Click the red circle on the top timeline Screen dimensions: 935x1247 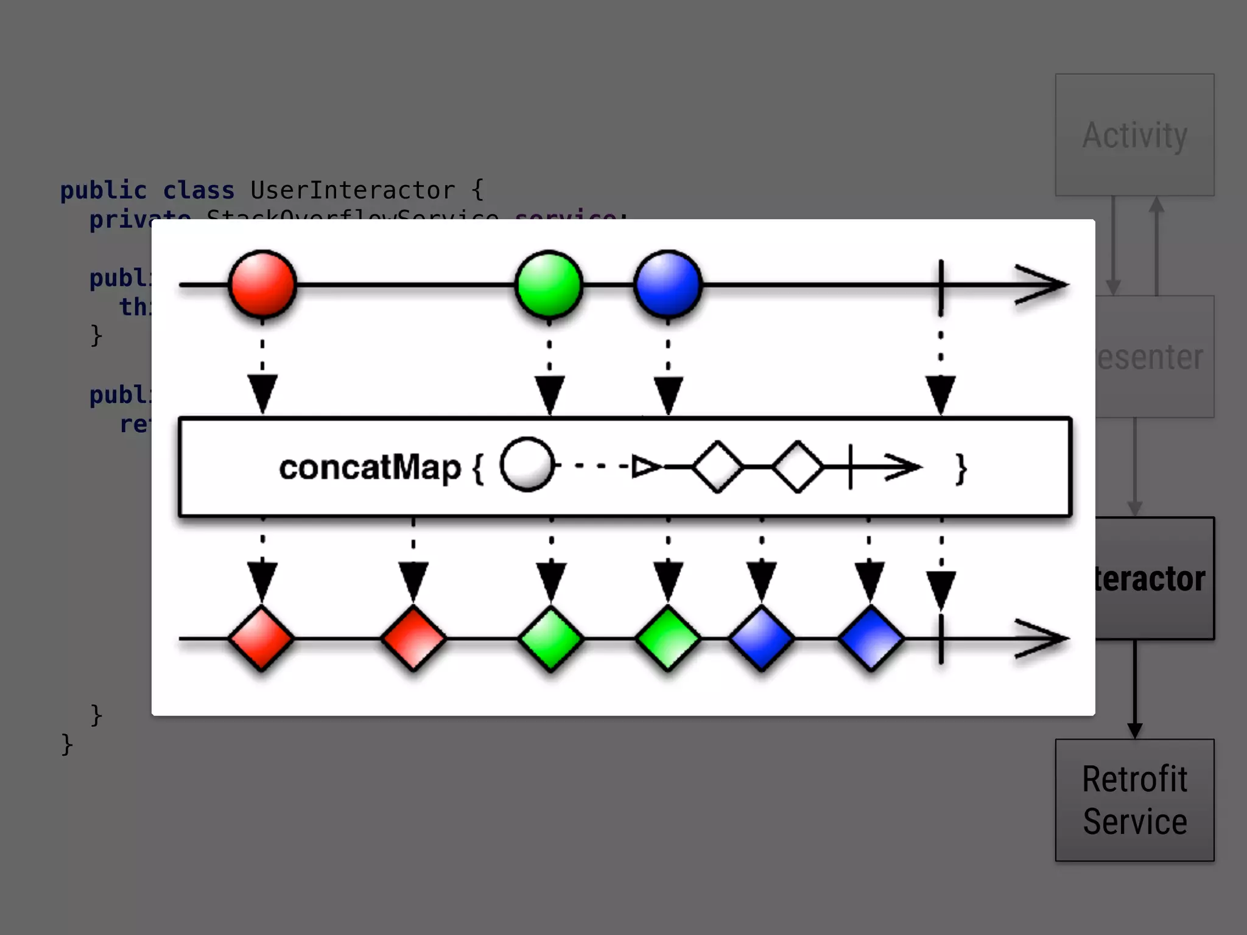coord(262,284)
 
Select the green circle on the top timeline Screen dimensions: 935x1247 coord(549,284)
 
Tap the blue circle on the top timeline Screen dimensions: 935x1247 coord(668,284)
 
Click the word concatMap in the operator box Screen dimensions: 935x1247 coord(370,467)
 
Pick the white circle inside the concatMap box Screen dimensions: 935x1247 coord(527,465)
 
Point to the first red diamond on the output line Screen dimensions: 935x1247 coord(262,639)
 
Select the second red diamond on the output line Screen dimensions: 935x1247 coord(413,639)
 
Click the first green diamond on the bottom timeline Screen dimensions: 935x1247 coord(551,639)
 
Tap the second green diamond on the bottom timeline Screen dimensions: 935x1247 coord(668,639)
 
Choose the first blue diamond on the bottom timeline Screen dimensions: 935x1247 coord(762,639)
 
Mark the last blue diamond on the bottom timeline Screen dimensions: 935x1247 coord(871,639)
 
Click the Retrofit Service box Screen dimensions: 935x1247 coord(1134,800)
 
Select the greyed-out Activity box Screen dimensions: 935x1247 coord(1134,135)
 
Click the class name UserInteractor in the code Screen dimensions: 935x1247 coord(353,191)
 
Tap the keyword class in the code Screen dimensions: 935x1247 coord(198,191)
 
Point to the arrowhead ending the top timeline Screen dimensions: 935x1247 coord(1042,284)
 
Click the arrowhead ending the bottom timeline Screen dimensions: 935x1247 coord(1042,639)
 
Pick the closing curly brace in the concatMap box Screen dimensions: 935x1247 coord(961,469)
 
